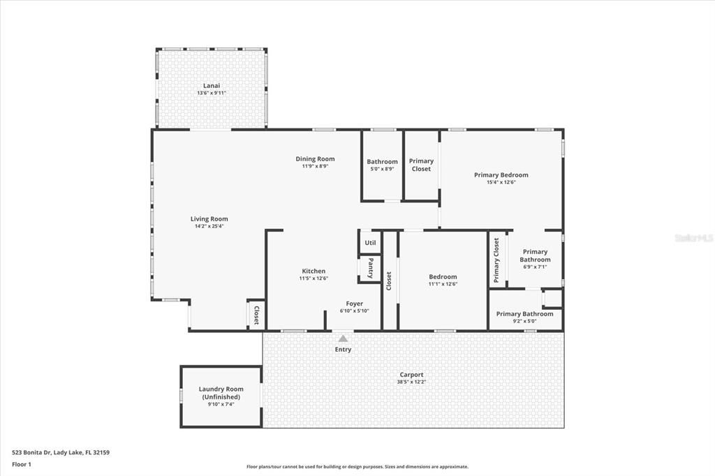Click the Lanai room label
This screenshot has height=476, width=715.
211,86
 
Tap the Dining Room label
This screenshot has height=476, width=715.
315,159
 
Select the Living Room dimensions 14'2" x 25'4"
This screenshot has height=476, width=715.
209,226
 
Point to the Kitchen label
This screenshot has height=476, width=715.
314,271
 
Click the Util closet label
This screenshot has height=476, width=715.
370,243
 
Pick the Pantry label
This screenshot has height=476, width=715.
370,268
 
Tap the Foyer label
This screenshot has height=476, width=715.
354,304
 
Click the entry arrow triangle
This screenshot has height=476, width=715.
343,339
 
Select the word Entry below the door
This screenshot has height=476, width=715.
343,349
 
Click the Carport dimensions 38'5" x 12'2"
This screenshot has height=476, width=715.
412,382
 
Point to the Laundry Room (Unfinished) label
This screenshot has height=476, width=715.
221,393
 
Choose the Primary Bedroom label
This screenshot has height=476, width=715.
501,175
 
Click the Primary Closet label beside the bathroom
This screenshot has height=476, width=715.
421,165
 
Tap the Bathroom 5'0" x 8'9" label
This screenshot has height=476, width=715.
382,165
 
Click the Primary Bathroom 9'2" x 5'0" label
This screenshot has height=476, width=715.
524,314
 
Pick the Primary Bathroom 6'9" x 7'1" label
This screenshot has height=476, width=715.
535,255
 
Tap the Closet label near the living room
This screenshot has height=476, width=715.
256,315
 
